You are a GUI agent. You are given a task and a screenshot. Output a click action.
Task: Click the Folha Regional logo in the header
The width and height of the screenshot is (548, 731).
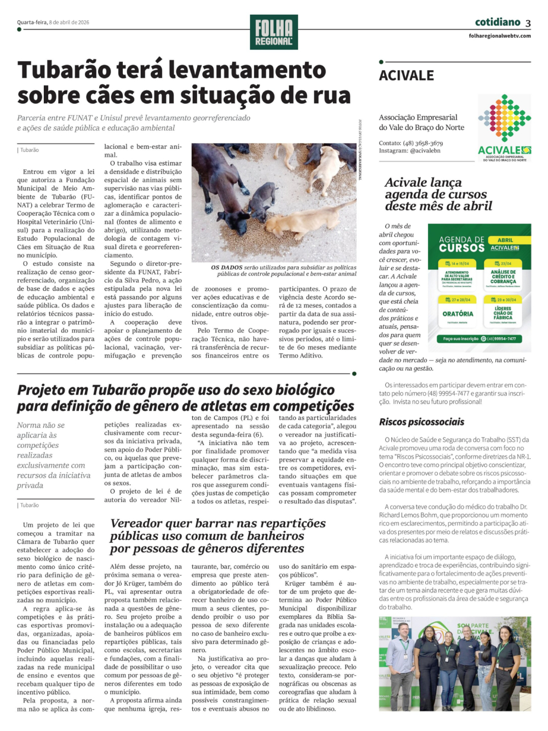point(273,32)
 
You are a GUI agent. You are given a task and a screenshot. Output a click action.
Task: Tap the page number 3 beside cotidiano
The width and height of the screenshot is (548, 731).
point(528,23)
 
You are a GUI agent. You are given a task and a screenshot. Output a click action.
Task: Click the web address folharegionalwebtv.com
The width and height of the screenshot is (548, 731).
point(499,36)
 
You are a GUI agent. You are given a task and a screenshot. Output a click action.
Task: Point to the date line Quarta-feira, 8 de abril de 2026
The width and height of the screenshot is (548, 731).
point(53,22)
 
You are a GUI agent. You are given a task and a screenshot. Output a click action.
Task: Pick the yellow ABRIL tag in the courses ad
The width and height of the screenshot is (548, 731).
point(505,240)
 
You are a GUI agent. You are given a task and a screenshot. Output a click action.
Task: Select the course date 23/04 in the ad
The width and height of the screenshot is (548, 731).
point(506,263)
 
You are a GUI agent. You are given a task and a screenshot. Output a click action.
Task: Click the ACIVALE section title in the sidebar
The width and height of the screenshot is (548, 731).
point(406,76)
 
